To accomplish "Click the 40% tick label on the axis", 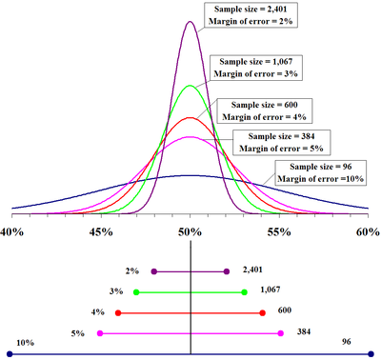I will pyautogui.click(x=13, y=231).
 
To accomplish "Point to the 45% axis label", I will pyautogui.click(x=102, y=231).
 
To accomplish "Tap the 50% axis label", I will pyautogui.click(x=190, y=231).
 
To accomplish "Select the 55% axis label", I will pyautogui.click(x=279, y=231).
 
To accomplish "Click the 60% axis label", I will pyautogui.click(x=367, y=231).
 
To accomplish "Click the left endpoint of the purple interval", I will pyautogui.click(x=154, y=271).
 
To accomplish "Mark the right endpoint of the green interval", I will pyautogui.click(x=245, y=291).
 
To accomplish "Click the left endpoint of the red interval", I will pyautogui.click(x=118, y=312).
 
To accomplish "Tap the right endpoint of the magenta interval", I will pyautogui.click(x=280, y=333).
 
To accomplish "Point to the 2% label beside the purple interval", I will pyautogui.click(x=131, y=270).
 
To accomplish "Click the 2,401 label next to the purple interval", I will pyautogui.click(x=252, y=270).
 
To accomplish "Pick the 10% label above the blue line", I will pyautogui.click(x=25, y=343).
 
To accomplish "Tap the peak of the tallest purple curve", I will pyautogui.click(x=190, y=21).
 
